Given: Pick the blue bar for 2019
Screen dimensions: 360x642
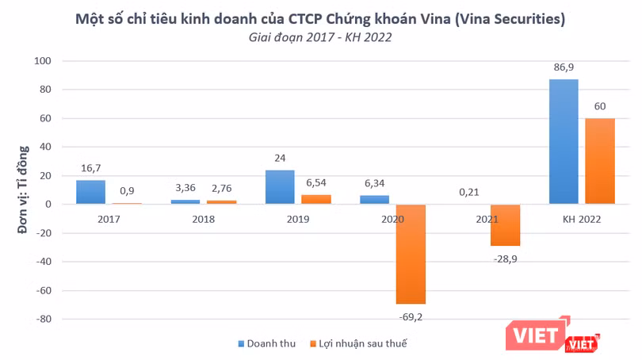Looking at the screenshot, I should [x=279, y=187].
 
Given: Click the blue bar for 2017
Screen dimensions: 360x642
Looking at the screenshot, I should [x=90, y=192].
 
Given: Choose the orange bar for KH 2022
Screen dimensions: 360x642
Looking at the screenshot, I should [x=600, y=161].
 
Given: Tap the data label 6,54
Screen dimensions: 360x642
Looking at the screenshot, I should [x=316, y=184].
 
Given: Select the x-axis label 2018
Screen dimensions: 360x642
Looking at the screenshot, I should [x=203, y=219].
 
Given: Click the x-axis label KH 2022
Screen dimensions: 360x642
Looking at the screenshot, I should [x=580, y=219].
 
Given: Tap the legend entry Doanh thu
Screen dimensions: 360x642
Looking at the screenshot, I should [x=266, y=343].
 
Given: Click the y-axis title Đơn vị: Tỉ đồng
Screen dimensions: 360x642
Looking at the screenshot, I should [x=24, y=190].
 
